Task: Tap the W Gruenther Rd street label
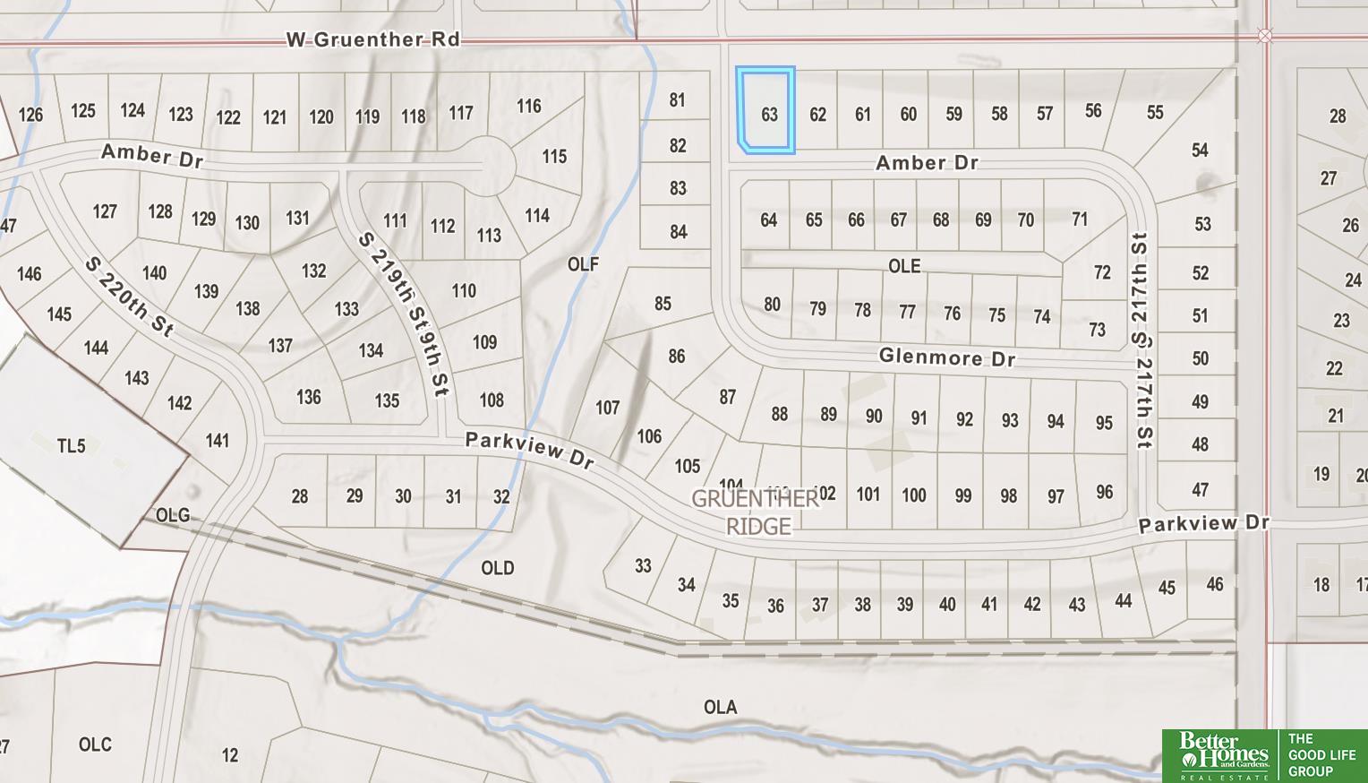(x=372, y=39)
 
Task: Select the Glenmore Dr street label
(x=946, y=357)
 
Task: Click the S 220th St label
(x=129, y=297)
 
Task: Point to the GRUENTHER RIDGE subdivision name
(x=757, y=512)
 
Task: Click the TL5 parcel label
(x=71, y=445)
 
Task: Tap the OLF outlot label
(x=583, y=263)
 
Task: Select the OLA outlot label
(x=720, y=707)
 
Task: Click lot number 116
(x=528, y=106)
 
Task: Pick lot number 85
(x=662, y=303)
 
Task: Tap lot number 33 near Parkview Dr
(x=643, y=565)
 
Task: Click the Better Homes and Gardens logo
(x=1223, y=755)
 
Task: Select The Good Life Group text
(x=1321, y=754)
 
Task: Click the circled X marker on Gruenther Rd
(x=1264, y=36)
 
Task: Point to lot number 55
(x=1155, y=112)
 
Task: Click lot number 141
(x=217, y=440)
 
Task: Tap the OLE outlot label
(x=903, y=266)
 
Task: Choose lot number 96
(x=1104, y=492)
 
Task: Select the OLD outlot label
(x=497, y=567)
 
